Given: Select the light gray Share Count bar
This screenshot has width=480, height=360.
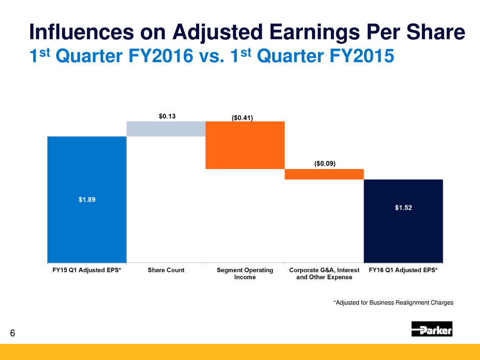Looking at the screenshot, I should [x=165, y=129].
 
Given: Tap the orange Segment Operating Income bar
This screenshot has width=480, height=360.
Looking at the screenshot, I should [x=245, y=145].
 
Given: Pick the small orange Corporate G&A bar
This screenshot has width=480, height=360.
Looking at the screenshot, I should [x=324, y=174].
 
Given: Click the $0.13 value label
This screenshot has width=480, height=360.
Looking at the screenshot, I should [x=165, y=116].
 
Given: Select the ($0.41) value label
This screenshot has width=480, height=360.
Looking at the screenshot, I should [x=245, y=117].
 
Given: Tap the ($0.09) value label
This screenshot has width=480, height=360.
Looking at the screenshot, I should [x=324, y=163].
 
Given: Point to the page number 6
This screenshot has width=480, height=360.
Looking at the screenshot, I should [x=13, y=333].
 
